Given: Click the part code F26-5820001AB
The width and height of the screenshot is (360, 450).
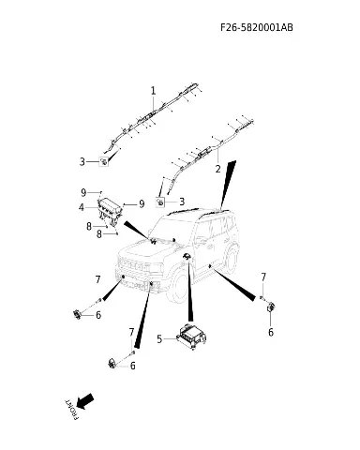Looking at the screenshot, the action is pos(257,27).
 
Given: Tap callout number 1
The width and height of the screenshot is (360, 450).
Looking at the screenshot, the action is pos(153,91).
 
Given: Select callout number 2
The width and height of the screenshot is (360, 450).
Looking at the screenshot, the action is pos(217,169).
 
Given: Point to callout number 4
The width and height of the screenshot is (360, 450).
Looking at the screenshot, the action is pos(82,207).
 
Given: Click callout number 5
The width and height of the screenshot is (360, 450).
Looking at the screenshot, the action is pos(159,338).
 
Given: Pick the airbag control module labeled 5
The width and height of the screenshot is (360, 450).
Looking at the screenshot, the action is pos(192,337).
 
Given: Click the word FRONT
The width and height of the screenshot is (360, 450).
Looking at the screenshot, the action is pos(71,409).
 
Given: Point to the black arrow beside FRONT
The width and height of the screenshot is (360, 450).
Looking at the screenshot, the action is pos(84,401).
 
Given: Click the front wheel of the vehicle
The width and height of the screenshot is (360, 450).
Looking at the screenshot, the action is pos(178,288).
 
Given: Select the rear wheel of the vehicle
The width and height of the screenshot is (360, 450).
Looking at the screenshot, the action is pos(232,258).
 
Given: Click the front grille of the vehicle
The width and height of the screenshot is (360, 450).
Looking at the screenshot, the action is pos(134,265).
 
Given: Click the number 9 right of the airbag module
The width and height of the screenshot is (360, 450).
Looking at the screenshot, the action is pos(142,204).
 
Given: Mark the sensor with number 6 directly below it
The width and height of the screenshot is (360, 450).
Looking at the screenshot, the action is pos(271,307).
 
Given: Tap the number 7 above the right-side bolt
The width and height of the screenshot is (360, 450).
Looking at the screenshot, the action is pos(263,277).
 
